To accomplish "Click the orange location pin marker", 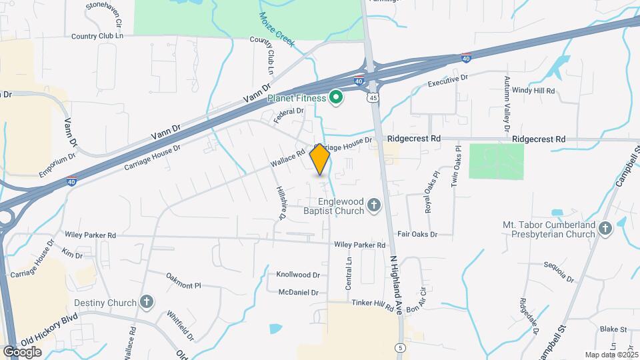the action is pos(320,159).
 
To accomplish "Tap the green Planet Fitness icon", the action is pos(337,98).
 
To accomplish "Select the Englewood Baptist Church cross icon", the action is pos(374,205).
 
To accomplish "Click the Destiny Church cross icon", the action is pos(147,303).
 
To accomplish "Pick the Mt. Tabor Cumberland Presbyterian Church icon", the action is pos(605,229).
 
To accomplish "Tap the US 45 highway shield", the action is pos(372,97).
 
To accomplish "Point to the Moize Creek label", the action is pos(277,29).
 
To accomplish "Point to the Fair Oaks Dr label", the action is pos(417,235).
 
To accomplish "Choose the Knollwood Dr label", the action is pos(298,275).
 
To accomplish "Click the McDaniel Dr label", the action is pos(297,291).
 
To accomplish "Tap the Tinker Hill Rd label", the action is pos(373,304).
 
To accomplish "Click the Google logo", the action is pos(22,351).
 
